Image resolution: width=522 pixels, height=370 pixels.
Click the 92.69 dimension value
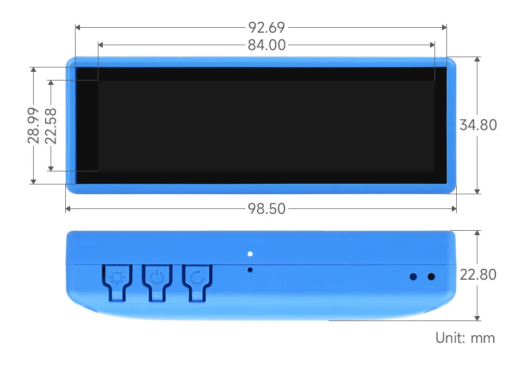[x=266, y=27]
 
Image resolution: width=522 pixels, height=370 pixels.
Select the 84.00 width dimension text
[x=266, y=45]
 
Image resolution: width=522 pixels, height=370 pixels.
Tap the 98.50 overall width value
[x=266, y=208]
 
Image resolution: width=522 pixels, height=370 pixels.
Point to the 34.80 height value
[x=478, y=125]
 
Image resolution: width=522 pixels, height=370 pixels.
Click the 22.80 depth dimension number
[x=478, y=275]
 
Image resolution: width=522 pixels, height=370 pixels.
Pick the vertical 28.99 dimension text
[x=34, y=125]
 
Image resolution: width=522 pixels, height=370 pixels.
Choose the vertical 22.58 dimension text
[x=51, y=125]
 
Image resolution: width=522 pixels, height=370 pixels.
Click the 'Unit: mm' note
[x=465, y=338]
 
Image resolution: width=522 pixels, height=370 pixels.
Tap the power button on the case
[x=157, y=279]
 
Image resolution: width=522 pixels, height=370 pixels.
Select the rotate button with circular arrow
[x=197, y=279]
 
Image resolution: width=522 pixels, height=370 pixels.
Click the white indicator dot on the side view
[x=250, y=254]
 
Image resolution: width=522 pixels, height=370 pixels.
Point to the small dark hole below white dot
[x=250, y=269]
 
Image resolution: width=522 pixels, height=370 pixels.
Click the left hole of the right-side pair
[x=413, y=276]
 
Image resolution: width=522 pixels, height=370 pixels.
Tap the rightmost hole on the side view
[x=431, y=276]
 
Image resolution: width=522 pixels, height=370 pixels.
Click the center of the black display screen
[x=261, y=126]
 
